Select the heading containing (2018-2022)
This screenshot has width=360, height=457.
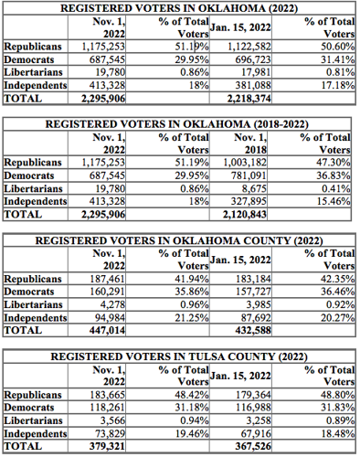coord(180,123)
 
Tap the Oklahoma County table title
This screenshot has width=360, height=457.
coord(180,239)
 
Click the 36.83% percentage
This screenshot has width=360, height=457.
coord(334,175)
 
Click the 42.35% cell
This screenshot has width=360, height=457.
coord(334,279)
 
